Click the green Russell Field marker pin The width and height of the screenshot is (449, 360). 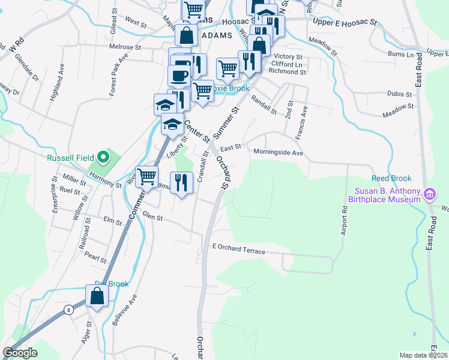click(103, 158)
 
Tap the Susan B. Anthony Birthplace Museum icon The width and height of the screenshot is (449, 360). click(429, 194)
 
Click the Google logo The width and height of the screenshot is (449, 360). click(20, 353)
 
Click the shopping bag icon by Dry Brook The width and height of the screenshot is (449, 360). click(97, 296)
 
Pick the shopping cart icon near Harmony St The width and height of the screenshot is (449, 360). click(146, 176)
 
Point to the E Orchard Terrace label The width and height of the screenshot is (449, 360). click(238, 251)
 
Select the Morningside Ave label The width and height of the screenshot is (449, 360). click(278, 152)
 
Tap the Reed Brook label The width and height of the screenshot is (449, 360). click(391, 178)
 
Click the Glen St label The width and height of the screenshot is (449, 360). click(152, 218)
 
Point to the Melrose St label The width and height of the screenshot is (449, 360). click(125, 46)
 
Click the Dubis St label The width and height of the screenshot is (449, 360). click(399, 94)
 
